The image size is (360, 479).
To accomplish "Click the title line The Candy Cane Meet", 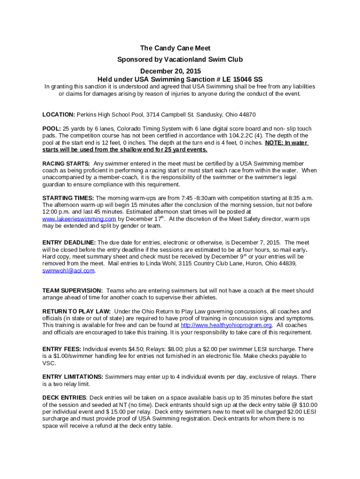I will click(175, 48).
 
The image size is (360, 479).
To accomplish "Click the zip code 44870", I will click(247, 115).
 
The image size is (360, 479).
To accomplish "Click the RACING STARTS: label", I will click(66, 164).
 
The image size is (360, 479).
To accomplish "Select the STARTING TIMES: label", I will click(68, 198).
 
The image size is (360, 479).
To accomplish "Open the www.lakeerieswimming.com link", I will click(79, 219).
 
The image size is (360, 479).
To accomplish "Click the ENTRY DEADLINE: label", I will click(69, 243).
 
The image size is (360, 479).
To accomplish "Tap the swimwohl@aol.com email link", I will click(68, 270).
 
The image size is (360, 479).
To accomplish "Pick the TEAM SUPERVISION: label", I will click(72, 290).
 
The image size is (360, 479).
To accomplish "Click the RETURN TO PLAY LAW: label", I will click(77, 312).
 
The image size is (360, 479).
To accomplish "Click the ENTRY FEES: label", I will click(62, 349).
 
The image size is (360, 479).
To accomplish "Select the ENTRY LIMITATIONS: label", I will click(73, 377).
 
